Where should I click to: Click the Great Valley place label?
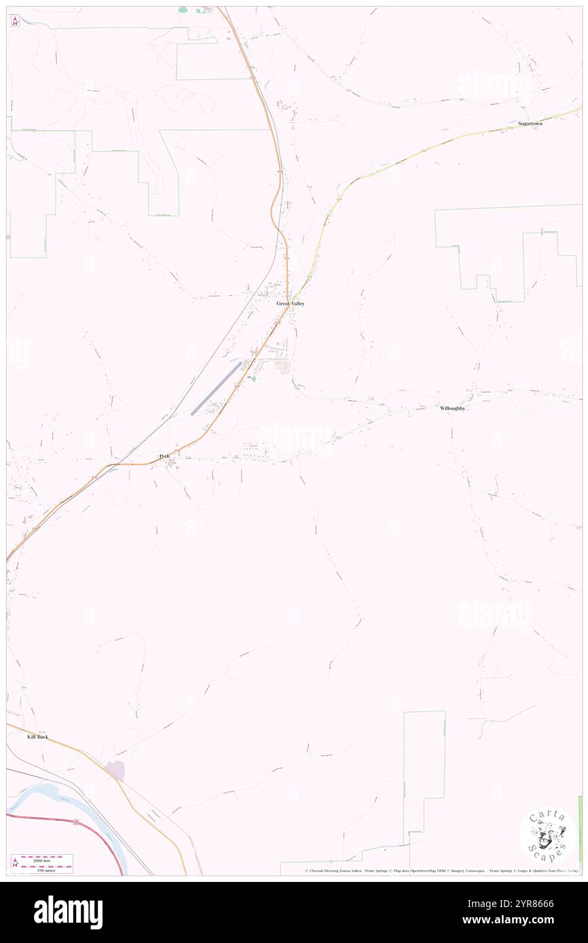290,303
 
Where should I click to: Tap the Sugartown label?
530,123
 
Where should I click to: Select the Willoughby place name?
452,408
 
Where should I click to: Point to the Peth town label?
164,457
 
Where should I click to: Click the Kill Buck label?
37,736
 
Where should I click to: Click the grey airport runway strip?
216,388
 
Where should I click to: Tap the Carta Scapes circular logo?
548,834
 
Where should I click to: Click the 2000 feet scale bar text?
47,859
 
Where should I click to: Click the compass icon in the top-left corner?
15,20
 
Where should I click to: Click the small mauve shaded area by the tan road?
115,770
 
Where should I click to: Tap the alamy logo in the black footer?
68,912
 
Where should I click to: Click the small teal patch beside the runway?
253,379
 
